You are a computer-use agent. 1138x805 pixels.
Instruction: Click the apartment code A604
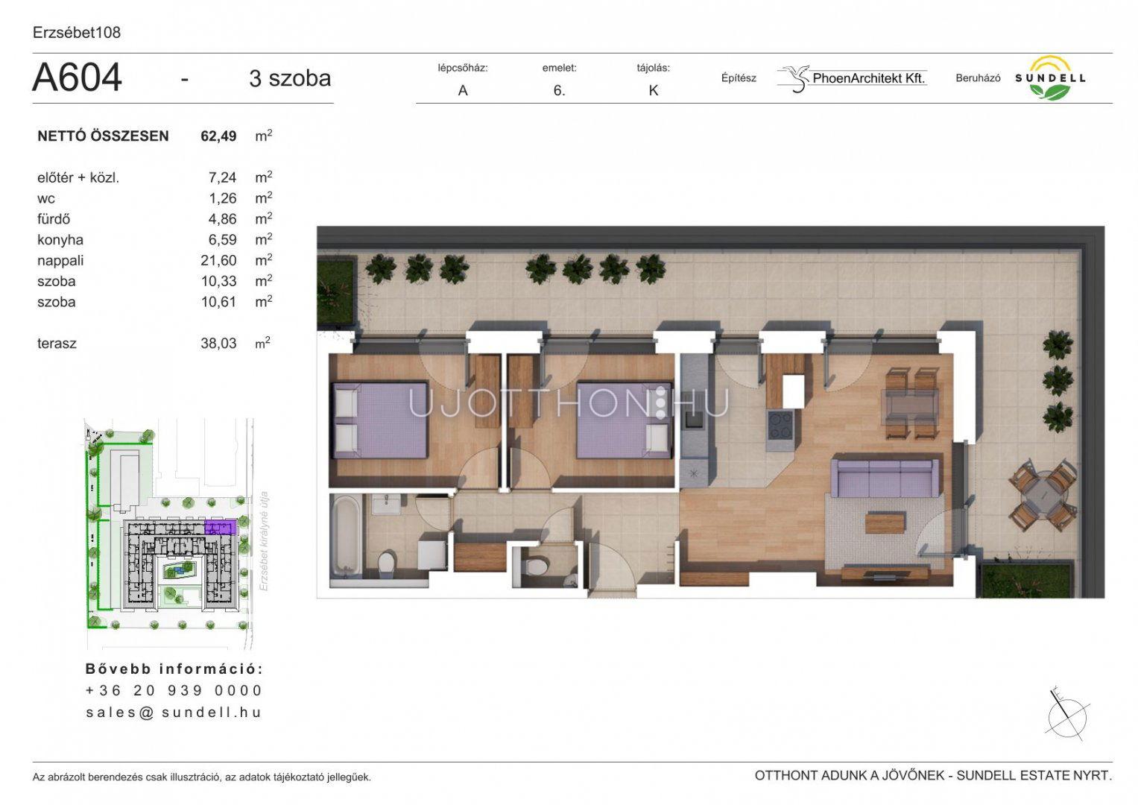[x=77, y=78]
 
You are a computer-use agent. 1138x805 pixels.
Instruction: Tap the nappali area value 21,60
[x=218, y=260]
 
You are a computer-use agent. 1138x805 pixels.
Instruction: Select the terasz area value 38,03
[x=218, y=343]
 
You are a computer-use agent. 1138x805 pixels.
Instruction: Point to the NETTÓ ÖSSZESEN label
[x=103, y=136]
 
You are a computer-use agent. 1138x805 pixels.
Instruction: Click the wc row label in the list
[x=46, y=199]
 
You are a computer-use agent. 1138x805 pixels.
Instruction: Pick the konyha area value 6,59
[x=222, y=239]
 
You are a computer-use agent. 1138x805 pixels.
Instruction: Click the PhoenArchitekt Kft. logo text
[x=869, y=78]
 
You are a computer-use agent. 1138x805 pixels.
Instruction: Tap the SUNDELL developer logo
[x=1050, y=78]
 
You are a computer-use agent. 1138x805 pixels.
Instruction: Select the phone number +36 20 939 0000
[x=174, y=690]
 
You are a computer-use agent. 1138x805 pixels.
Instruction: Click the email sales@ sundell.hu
[x=174, y=712]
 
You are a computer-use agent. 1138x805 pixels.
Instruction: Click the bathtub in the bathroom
[x=346, y=537]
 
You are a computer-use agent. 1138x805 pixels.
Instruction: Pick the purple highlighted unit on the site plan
[x=221, y=527]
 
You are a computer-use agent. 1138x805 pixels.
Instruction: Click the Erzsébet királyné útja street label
[x=263, y=541]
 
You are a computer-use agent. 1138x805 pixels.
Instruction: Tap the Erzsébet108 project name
[x=77, y=33]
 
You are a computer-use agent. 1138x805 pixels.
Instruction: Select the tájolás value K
[x=654, y=90]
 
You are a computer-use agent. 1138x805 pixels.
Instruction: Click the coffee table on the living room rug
[x=885, y=523]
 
